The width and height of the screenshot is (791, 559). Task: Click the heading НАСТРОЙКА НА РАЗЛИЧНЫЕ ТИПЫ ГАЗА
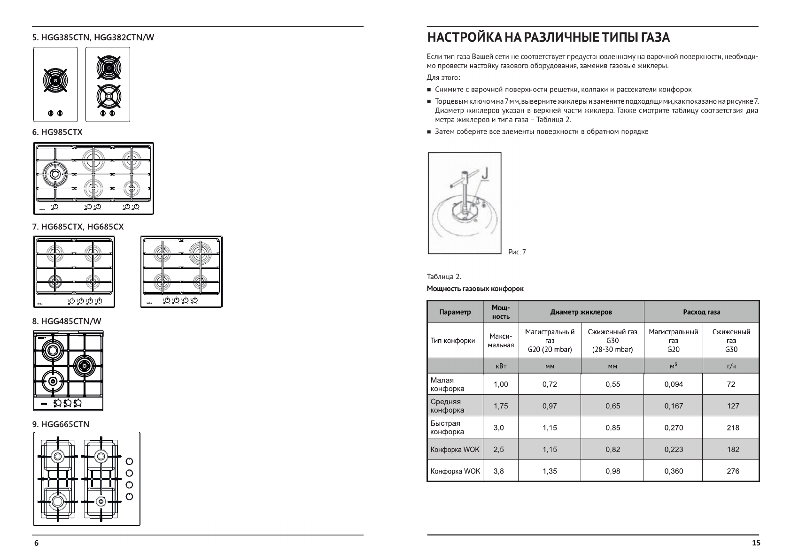coord(548,38)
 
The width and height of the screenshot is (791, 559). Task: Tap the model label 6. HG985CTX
coord(57,132)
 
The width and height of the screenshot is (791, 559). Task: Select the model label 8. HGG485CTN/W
coord(66,322)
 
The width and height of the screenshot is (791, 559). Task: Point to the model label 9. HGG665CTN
coord(61,424)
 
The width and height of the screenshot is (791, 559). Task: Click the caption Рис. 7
coord(517,252)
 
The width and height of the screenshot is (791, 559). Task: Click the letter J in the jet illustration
coord(486,174)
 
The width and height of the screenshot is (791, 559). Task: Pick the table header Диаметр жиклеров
coord(581,312)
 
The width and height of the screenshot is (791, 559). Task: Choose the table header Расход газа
coord(701,312)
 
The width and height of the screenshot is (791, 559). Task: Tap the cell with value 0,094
coord(673,384)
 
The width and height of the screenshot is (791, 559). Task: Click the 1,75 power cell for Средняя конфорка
coord(501,406)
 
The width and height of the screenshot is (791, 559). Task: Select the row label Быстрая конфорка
coord(447,428)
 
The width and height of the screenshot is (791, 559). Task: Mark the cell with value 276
coord(733,471)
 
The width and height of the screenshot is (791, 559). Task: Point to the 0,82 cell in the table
coord(613,450)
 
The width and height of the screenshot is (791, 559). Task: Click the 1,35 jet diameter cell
coord(550,471)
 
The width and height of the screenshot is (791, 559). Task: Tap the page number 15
coord(756,543)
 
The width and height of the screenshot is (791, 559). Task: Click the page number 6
coord(36,543)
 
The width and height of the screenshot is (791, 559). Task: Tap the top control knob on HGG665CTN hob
coord(130,461)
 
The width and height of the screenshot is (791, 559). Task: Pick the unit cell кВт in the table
coord(501,366)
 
